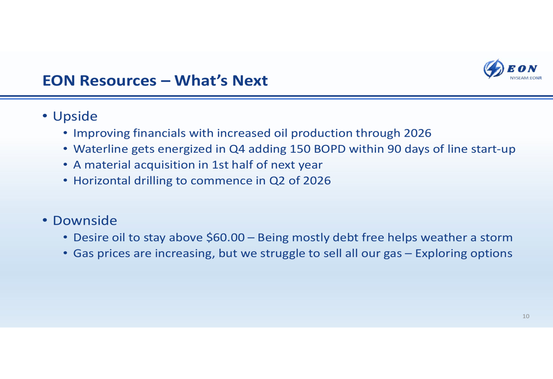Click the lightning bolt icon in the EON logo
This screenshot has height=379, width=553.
tap(493, 69)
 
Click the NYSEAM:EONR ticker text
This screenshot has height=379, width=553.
tap(526, 78)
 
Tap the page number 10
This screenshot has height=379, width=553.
tap(526, 316)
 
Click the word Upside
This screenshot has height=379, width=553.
tap(75, 116)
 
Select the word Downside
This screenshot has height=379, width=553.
tap(85, 221)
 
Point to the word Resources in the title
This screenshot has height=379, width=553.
tap(118, 80)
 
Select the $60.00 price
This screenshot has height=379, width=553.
tap(226, 237)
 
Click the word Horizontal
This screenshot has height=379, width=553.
tap(102, 181)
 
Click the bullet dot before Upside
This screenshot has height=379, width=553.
tap(45, 116)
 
